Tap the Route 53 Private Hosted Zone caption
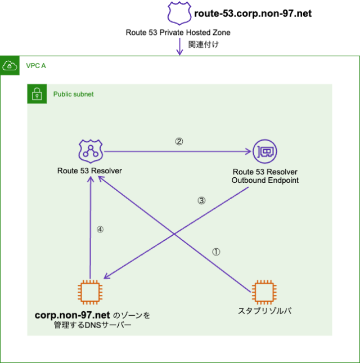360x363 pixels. (x=178, y=33)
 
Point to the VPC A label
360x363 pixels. (x=36, y=66)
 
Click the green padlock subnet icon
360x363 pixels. (x=37, y=94)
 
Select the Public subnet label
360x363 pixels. (x=73, y=94)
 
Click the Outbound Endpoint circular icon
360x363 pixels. (x=265, y=151)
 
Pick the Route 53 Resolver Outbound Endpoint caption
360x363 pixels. (x=264, y=176)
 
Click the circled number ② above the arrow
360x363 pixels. (x=179, y=142)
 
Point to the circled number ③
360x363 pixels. (x=201, y=200)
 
